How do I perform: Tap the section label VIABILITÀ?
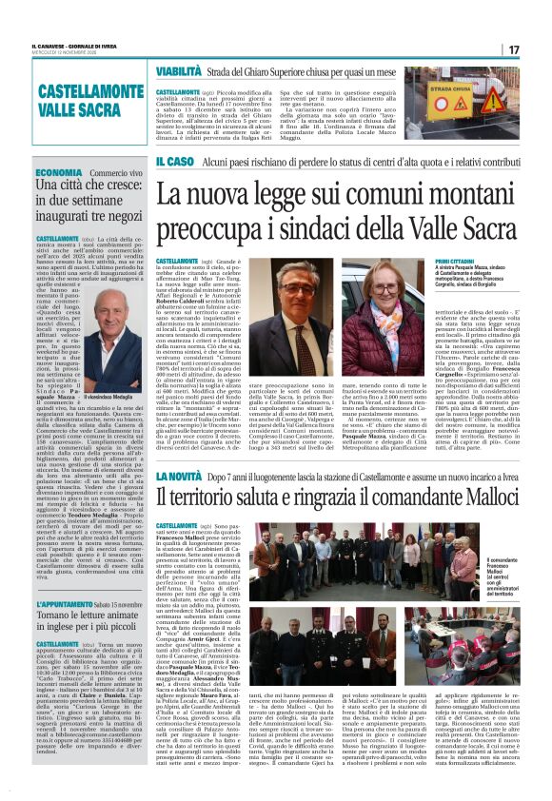click(x=179, y=70)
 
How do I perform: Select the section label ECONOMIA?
click(x=59, y=172)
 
